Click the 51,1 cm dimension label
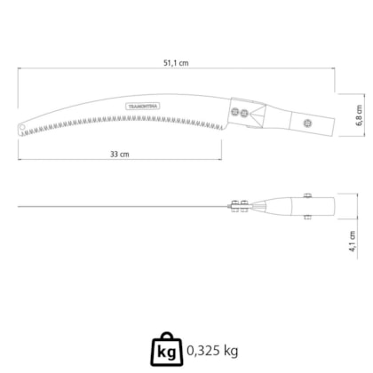176,63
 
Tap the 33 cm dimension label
120,154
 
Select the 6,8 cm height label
359,115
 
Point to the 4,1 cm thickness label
353,242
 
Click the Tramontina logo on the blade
143,107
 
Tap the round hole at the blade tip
22,127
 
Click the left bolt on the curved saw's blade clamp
235,112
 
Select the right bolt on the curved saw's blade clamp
244,113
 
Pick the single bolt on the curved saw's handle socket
308,123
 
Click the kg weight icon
167,349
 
